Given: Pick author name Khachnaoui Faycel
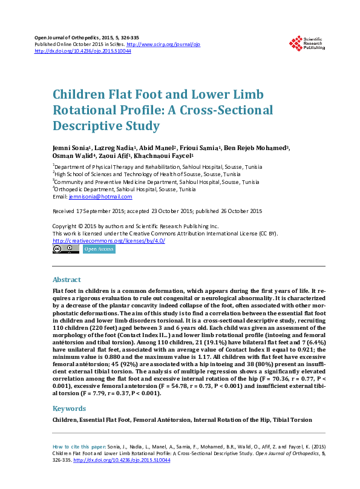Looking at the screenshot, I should tap(155, 155).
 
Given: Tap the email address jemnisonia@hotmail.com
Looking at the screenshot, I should tap(100, 197).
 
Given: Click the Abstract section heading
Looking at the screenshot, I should tap(67, 280).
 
